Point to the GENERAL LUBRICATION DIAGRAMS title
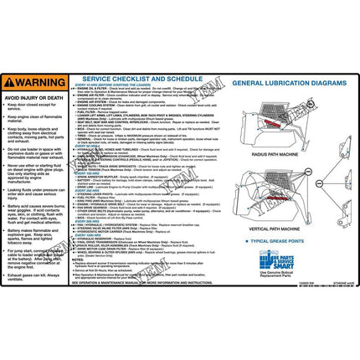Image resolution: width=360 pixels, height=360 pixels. (285, 85)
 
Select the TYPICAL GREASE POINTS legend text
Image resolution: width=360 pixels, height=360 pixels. (287, 239)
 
